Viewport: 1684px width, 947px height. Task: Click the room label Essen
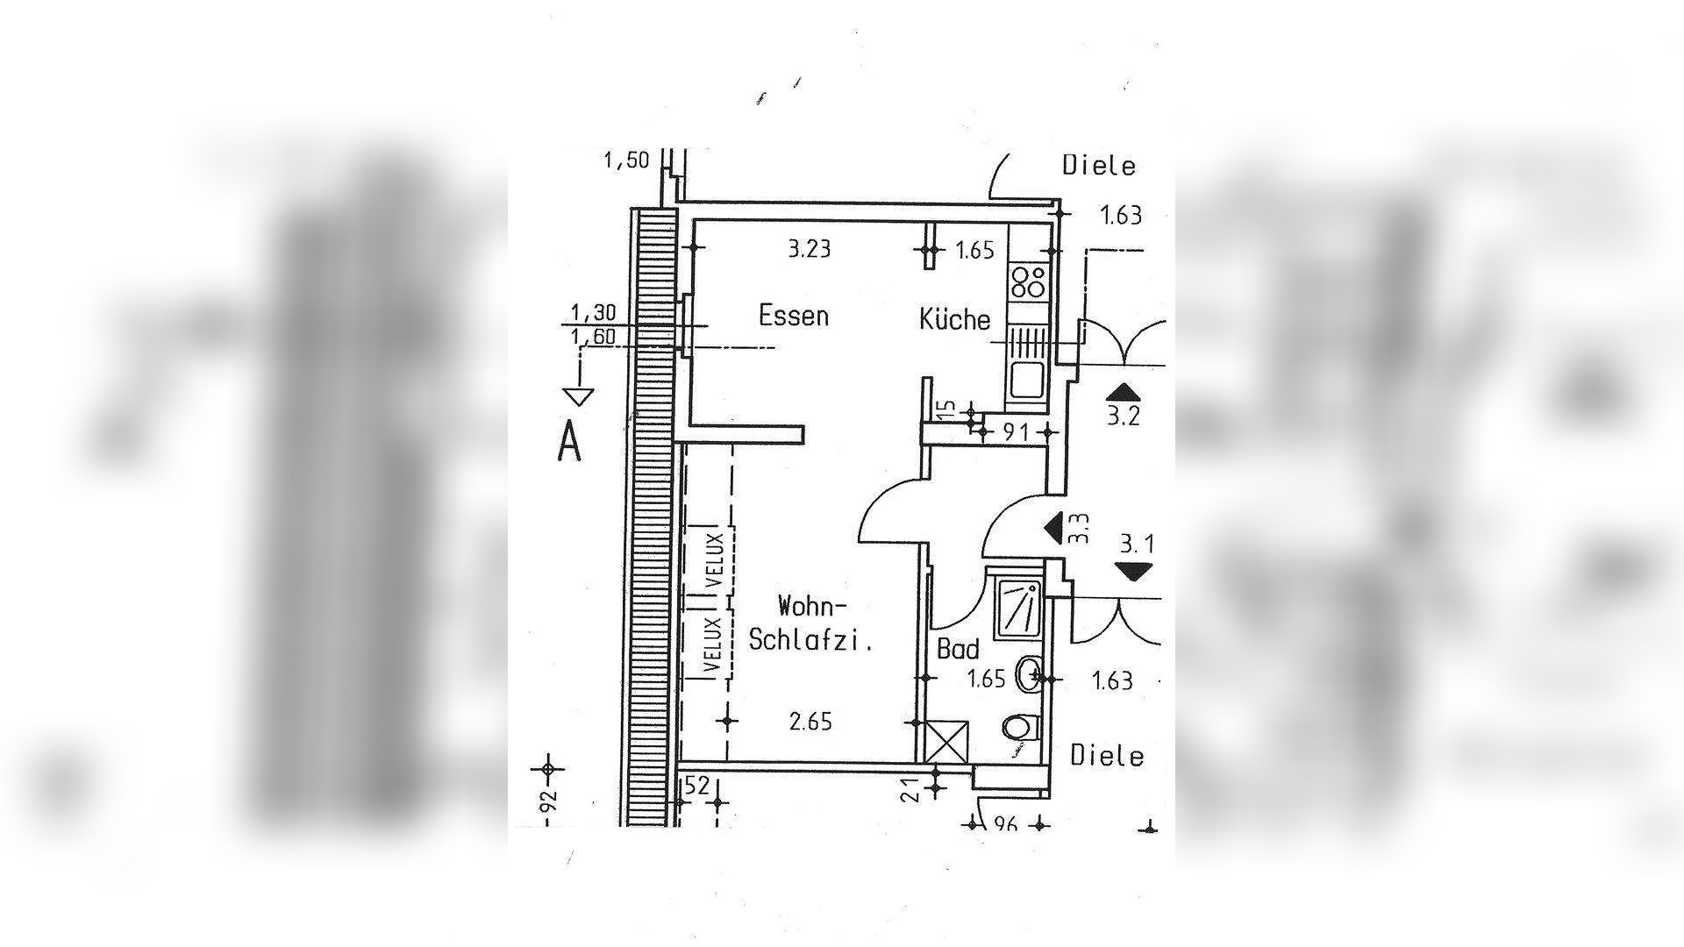click(x=794, y=316)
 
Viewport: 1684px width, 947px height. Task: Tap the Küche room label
click(x=955, y=318)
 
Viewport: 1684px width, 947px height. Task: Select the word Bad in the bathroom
click(x=958, y=650)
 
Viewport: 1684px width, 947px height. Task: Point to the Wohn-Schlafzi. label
click(x=811, y=623)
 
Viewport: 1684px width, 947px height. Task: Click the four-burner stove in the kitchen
click(x=1028, y=282)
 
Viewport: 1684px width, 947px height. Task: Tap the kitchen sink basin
click(x=1026, y=381)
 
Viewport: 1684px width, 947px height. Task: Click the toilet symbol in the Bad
click(x=1019, y=727)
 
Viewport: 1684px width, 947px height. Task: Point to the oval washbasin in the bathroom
click(x=1028, y=675)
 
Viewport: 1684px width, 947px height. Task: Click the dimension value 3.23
click(x=809, y=249)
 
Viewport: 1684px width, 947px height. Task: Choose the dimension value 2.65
click(x=810, y=722)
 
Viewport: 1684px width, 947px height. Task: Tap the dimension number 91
click(x=1015, y=431)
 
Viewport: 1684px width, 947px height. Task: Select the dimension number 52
click(x=696, y=787)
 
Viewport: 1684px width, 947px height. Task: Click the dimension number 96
click(x=1005, y=824)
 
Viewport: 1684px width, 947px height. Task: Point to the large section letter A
click(x=569, y=441)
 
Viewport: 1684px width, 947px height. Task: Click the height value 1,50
click(x=626, y=160)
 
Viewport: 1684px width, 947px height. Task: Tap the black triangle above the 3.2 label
click(x=1123, y=393)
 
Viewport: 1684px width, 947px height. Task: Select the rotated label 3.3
click(x=1081, y=529)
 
